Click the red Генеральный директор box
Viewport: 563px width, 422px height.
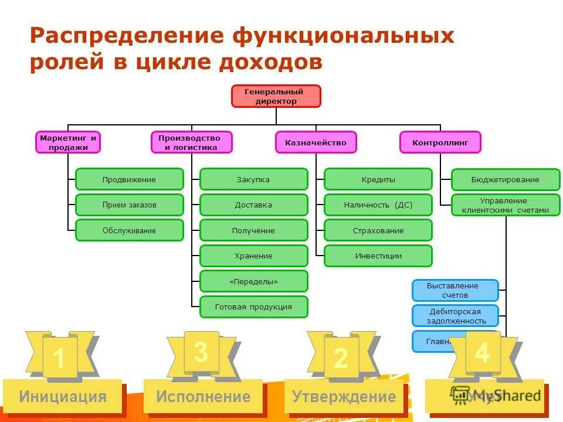pyautogui.click(x=276, y=96)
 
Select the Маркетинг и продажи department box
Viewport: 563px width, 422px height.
pyautogui.click(x=68, y=142)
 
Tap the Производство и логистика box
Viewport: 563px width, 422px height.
pyautogui.click(x=191, y=142)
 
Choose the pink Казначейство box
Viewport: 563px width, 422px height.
pyautogui.click(x=316, y=142)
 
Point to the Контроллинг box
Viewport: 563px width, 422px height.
pyautogui.click(x=440, y=142)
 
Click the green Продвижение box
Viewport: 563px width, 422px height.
pyautogui.click(x=129, y=179)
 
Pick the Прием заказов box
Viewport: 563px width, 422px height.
pyautogui.click(x=129, y=205)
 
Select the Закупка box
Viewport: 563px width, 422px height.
pyautogui.click(x=253, y=179)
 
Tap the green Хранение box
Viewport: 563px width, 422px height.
pyautogui.click(x=253, y=256)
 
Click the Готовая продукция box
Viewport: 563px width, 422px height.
pyautogui.click(x=253, y=307)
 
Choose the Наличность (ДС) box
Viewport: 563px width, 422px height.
pyautogui.click(x=378, y=205)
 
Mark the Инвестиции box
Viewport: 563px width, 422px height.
pyautogui.click(x=378, y=256)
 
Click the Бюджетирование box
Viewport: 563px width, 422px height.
pyautogui.click(x=506, y=179)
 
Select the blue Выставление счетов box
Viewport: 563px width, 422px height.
pyautogui.click(x=455, y=290)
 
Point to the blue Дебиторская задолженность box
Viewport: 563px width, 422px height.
pyautogui.click(x=455, y=316)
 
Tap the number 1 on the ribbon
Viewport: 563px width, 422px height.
pyautogui.click(x=59, y=359)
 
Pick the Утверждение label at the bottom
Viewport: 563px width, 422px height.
pyautogui.click(x=344, y=397)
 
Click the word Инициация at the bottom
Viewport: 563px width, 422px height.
pyautogui.click(x=63, y=397)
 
